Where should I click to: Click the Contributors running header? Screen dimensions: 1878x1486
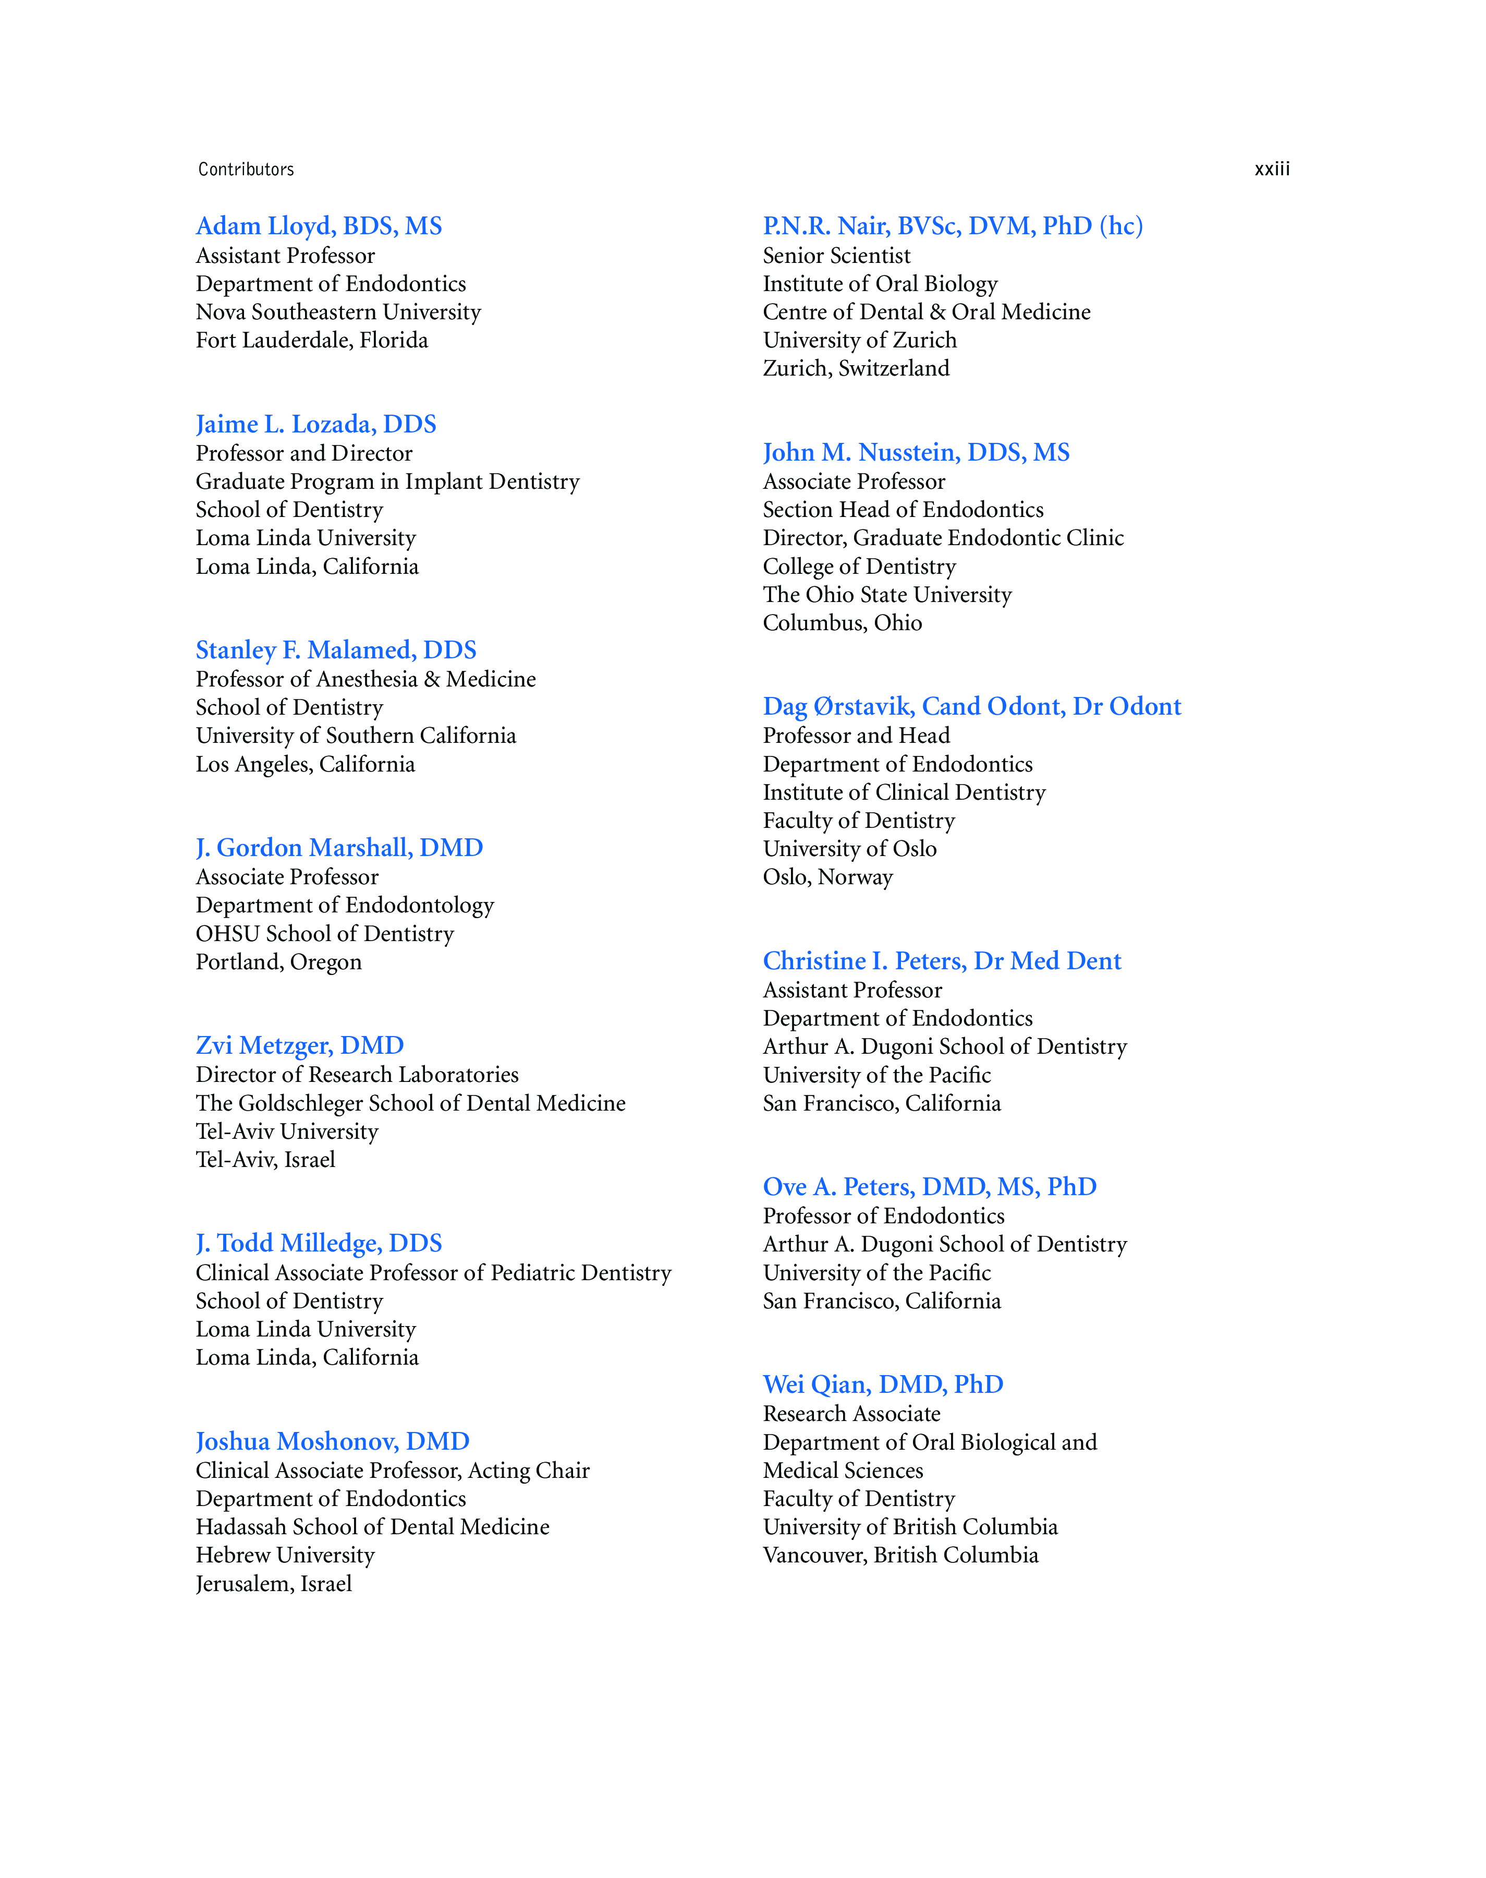click(x=246, y=169)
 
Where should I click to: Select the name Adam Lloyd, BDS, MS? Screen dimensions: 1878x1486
click(x=319, y=226)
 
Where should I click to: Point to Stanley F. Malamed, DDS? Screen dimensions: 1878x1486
click(x=336, y=650)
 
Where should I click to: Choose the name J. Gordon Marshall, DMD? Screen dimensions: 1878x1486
click(x=339, y=848)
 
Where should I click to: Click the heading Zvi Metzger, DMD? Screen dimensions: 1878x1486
click(x=299, y=1045)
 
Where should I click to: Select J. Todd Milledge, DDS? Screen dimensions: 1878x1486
click(x=319, y=1243)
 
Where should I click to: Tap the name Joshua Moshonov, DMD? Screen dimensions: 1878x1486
click(x=332, y=1441)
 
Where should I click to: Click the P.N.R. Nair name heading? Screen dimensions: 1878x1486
click(x=953, y=226)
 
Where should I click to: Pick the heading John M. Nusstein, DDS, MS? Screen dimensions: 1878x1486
click(x=916, y=452)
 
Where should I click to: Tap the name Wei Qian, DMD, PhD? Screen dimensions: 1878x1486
click(x=883, y=1385)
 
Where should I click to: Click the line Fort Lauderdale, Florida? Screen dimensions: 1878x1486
click(x=311, y=340)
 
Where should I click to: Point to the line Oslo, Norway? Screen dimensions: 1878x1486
click(x=827, y=877)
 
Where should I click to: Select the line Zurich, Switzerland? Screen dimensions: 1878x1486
click(x=856, y=369)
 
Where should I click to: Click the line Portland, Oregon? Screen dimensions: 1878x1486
click(x=278, y=962)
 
